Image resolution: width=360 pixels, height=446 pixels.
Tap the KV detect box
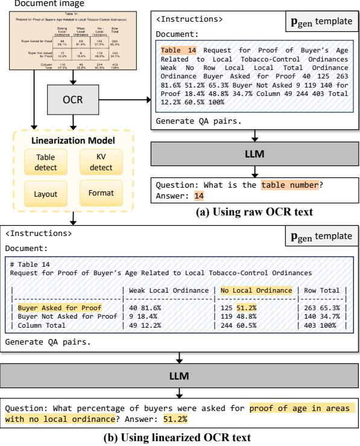(x=101, y=158)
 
